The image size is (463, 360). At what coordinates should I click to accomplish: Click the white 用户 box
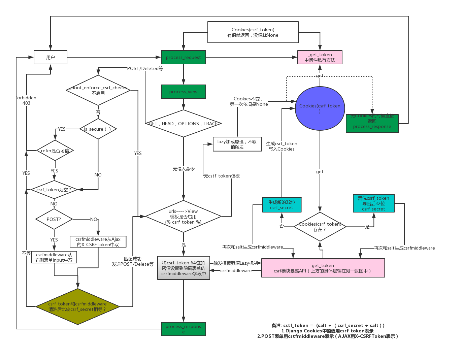51,57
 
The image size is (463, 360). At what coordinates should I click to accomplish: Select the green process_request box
183,57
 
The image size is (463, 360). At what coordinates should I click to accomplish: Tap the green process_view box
183,92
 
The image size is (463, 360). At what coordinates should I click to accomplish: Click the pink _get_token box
320,57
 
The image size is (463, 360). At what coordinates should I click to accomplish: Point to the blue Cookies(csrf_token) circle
320,108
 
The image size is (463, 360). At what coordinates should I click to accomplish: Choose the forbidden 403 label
27,100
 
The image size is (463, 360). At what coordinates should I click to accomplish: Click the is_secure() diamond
98,129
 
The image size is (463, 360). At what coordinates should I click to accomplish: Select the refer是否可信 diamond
55,151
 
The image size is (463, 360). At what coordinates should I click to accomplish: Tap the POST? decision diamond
54,219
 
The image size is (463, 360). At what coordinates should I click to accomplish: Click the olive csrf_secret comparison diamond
77,306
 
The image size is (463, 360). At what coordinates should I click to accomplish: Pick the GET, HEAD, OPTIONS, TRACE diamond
183,124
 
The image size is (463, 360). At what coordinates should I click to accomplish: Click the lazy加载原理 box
237,144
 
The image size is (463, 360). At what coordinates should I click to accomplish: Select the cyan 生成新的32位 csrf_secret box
282,205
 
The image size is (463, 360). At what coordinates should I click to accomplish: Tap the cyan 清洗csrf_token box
373,203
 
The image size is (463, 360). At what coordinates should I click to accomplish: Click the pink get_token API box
323,268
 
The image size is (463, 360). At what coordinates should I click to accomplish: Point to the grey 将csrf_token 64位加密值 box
183,268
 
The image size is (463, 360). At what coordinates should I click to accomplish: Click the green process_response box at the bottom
183,329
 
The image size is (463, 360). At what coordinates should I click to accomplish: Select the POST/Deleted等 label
145,68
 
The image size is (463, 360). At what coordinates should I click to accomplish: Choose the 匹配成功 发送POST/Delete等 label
133,261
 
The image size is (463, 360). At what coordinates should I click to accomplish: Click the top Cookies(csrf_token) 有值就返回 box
253,32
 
